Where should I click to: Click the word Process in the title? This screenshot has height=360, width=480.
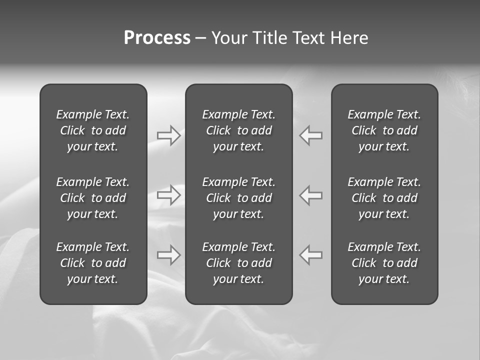coord(157,38)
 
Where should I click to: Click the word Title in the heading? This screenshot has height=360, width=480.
coord(268,38)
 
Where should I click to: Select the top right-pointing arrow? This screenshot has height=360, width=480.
coord(169,135)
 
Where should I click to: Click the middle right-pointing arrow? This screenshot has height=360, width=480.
coord(169,195)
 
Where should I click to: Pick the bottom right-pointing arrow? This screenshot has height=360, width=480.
coord(169,255)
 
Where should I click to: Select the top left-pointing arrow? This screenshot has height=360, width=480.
coord(311,135)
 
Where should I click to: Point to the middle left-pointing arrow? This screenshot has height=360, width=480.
coord(311,195)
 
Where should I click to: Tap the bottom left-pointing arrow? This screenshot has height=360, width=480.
coord(311,255)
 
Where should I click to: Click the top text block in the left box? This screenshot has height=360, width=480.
coord(93,130)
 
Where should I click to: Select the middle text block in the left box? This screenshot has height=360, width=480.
coord(93,198)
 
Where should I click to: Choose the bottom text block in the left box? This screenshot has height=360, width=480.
coord(93,263)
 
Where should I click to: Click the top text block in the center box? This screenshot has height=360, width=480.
coord(239,130)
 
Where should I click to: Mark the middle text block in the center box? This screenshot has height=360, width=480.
coord(239,198)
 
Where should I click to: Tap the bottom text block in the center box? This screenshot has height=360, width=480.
coord(239,263)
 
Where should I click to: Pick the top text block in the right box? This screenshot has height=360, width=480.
coord(384,130)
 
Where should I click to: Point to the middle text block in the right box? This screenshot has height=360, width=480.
coord(384,198)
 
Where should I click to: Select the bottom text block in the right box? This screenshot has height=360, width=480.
coord(384,263)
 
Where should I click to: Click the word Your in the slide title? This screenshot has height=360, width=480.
coord(228,38)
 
